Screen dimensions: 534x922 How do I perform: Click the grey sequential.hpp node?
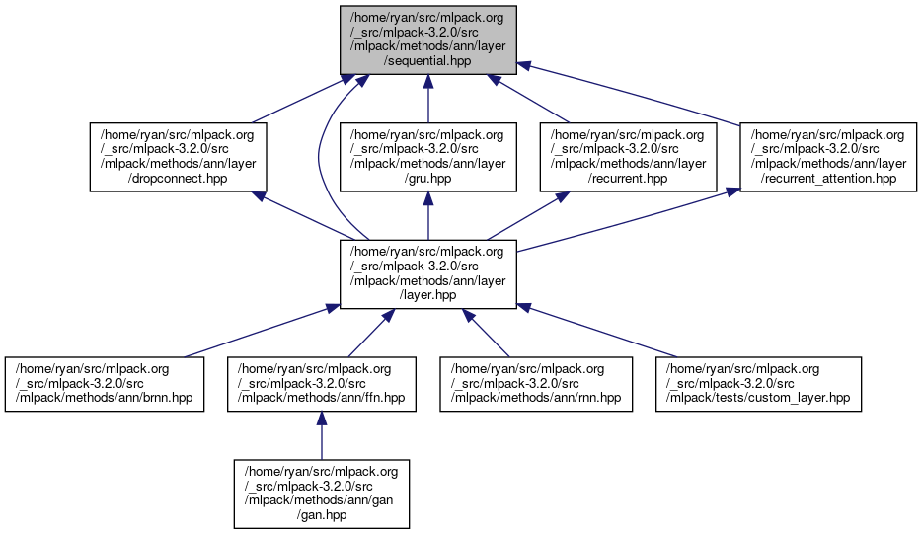pyautogui.click(x=427, y=38)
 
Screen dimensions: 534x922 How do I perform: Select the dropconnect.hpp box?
pyautogui.click(x=179, y=156)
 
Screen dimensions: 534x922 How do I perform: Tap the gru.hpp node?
pyautogui.click(x=427, y=156)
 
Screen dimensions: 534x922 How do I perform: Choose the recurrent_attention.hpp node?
pyautogui.click(x=829, y=156)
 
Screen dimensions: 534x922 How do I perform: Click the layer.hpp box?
pyautogui.click(x=427, y=273)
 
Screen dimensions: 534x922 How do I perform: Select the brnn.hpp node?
pyautogui.click(x=105, y=384)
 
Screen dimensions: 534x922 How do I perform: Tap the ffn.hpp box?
pyautogui.click(x=322, y=384)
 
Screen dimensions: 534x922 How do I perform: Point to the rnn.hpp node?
pyautogui.click(x=535, y=384)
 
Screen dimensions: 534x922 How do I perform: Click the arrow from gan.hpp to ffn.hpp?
pyautogui.click(x=322, y=434)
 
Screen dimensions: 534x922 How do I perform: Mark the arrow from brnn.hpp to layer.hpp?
pyautogui.click(x=257, y=332)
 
